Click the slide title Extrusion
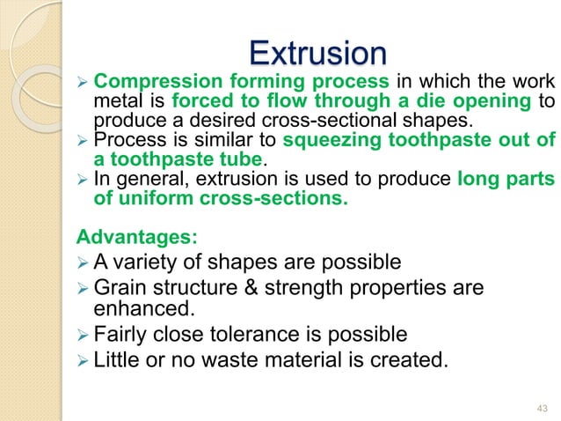[318, 55]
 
